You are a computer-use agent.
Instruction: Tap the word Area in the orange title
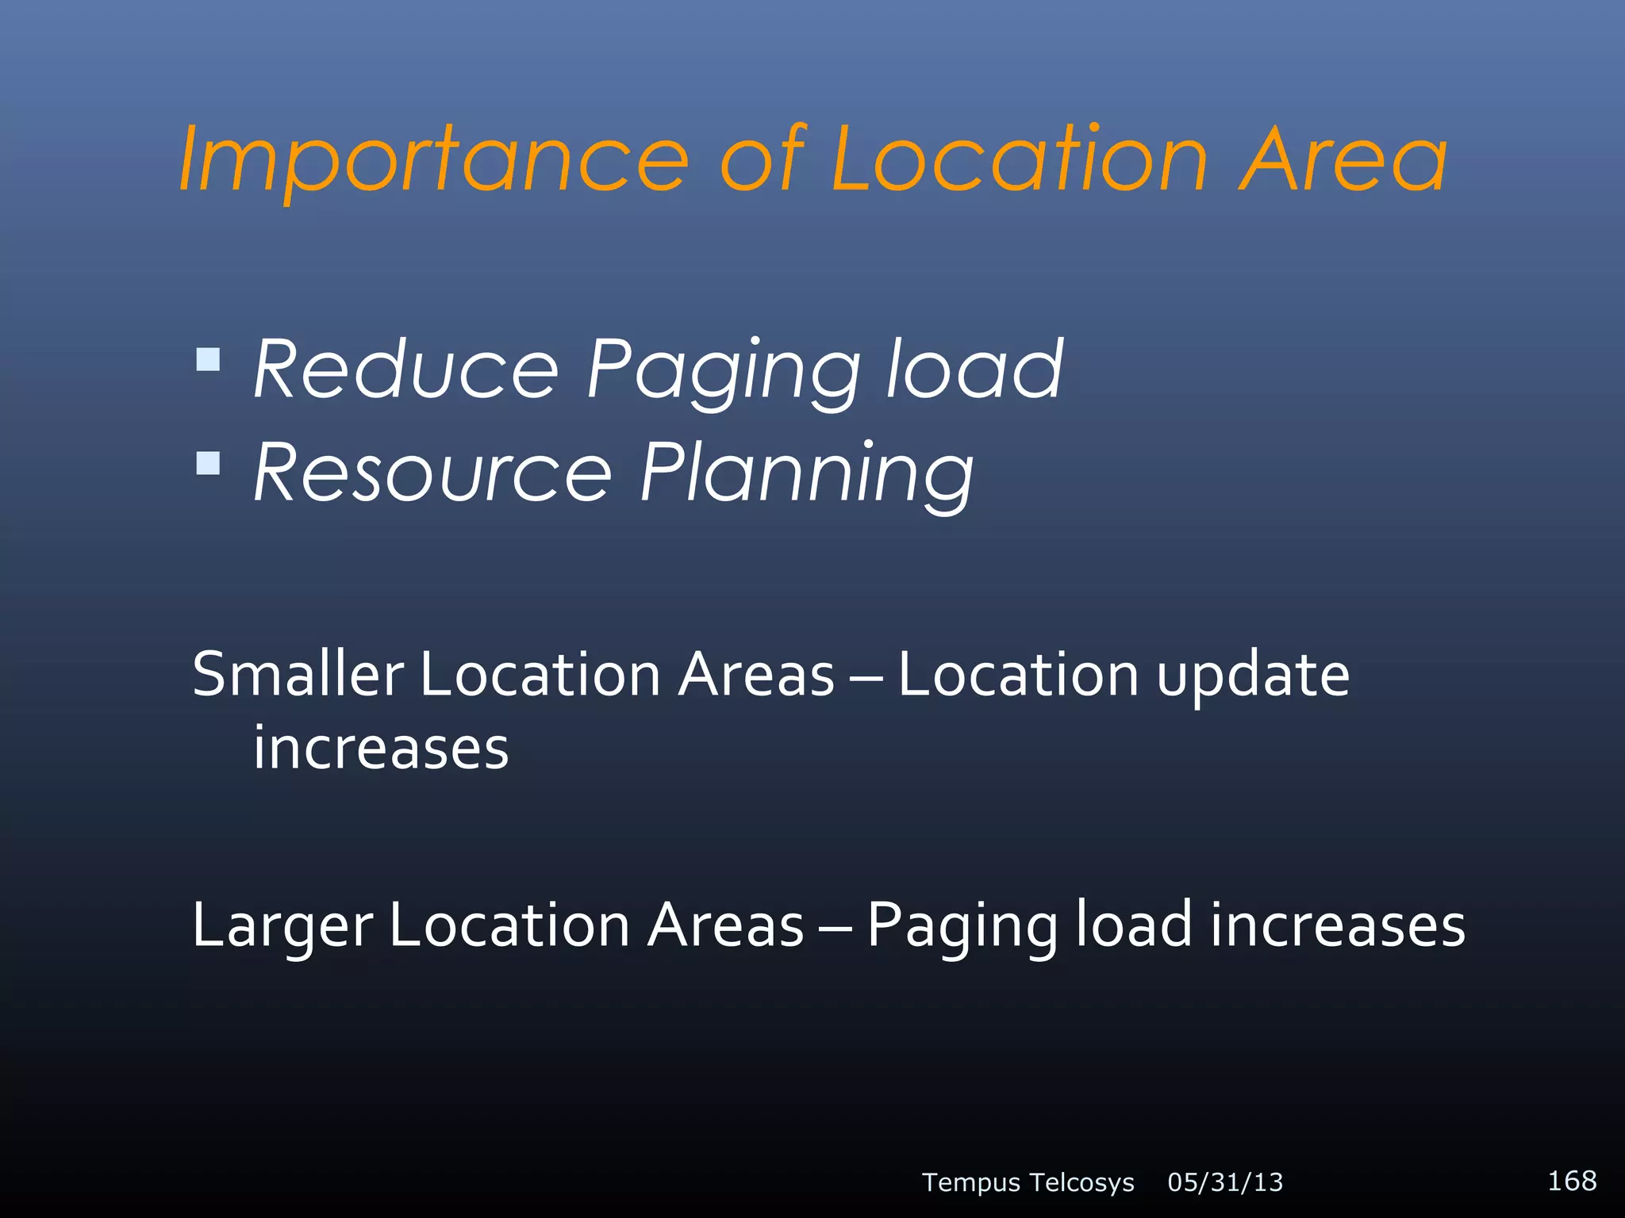click(x=1343, y=161)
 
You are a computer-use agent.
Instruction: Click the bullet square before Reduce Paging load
click(x=208, y=360)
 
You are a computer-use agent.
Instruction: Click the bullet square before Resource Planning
click(x=208, y=463)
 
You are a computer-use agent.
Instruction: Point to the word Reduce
click(x=406, y=370)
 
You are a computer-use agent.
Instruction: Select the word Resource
click(x=432, y=473)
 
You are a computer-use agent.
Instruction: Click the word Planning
click(x=806, y=474)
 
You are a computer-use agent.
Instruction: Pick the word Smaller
click(x=298, y=674)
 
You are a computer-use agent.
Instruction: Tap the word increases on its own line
click(x=381, y=748)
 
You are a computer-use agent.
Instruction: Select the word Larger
click(x=282, y=926)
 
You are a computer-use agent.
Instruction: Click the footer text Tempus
click(x=970, y=1182)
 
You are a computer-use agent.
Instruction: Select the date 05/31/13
click(x=1225, y=1182)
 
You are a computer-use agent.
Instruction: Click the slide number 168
click(x=1572, y=1181)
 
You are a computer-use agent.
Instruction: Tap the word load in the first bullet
click(x=974, y=370)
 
